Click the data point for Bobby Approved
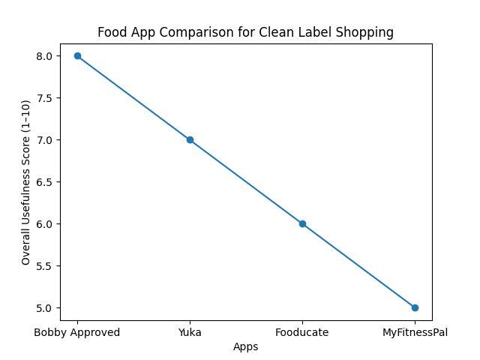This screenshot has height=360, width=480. pos(77,56)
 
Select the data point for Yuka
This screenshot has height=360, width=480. pos(190,139)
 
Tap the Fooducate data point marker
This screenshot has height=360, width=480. pos(302,223)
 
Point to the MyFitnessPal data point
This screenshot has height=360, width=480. pos(415,307)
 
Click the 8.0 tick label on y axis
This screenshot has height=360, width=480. pos(44,56)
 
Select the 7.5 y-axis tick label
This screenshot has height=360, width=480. pos(44,98)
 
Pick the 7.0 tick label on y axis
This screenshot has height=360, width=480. pos(44,140)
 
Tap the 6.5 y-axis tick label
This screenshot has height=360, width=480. pos(44,182)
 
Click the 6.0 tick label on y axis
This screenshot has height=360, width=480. pos(44,224)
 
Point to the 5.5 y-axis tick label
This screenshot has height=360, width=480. pos(44,266)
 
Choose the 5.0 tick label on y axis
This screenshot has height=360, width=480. pos(44,308)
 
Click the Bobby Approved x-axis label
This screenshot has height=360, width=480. pos(77,333)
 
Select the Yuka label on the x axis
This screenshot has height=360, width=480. pos(190,333)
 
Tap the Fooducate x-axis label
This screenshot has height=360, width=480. pos(302,333)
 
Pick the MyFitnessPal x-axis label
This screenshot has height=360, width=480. pos(415,333)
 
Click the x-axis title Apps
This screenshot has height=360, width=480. pos(246,347)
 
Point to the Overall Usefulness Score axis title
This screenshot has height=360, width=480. pos(26,182)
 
